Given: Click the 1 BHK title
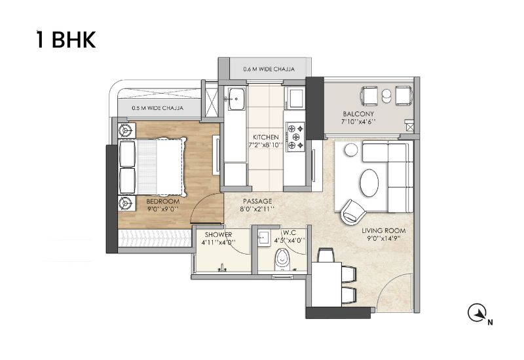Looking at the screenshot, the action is click(x=66, y=40).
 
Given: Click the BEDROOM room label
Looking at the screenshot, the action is click(x=162, y=202).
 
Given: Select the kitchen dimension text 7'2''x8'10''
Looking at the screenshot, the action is click(x=266, y=145).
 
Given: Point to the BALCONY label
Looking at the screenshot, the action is click(x=358, y=114).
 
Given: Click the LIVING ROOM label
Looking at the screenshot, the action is click(x=384, y=230).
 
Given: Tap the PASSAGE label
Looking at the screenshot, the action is click(x=257, y=201).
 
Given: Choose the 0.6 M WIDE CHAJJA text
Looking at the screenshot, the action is click(x=269, y=69).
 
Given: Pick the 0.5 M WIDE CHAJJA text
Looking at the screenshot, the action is click(x=157, y=108).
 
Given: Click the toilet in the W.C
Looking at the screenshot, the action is click(x=282, y=261).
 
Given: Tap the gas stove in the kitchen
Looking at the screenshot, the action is click(x=295, y=137).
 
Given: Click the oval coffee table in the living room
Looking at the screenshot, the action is click(x=369, y=183).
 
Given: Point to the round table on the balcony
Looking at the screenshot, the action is click(x=386, y=96).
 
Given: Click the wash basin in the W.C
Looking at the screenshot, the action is click(x=264, y=238).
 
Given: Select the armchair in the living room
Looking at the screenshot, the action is click(x=353, y=211).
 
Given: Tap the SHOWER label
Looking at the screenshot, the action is click(x=219, y=235).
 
